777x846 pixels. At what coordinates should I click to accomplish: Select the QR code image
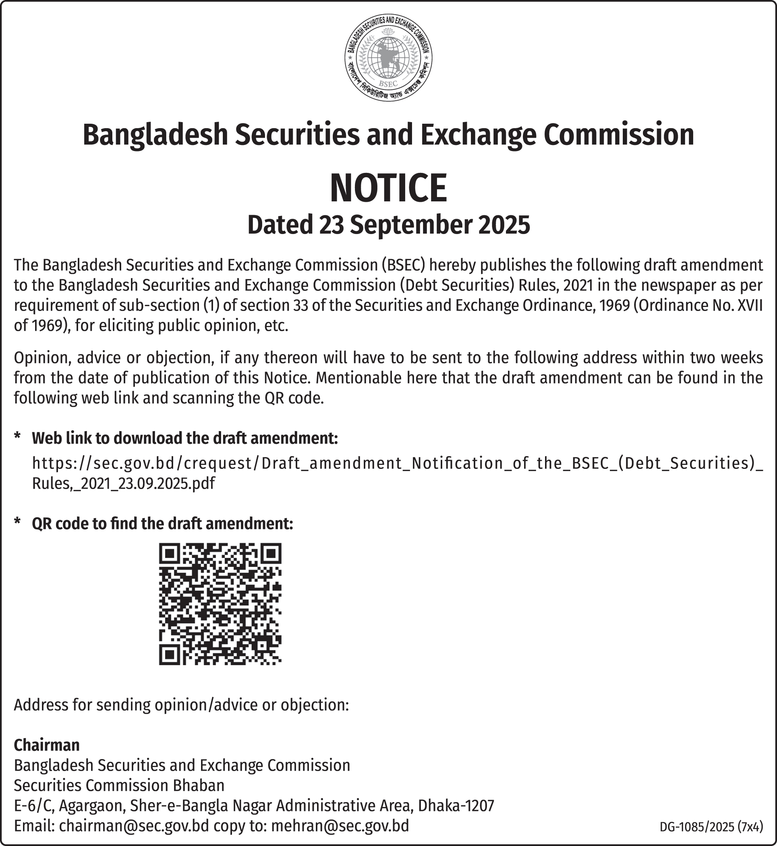220,604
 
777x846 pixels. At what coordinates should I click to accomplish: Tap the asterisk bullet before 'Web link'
17,436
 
